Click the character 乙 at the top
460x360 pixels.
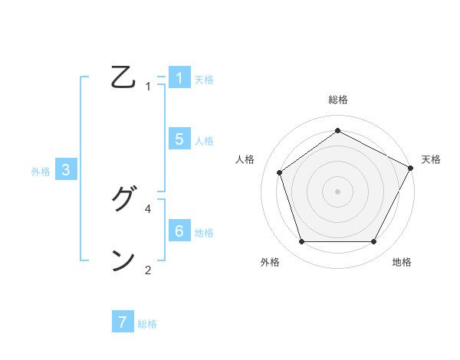(123, 78)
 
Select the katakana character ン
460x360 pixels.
(123, 260)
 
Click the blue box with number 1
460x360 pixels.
(179, 78)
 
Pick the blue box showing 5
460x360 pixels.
(179, 139)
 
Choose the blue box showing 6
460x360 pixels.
(179, 231)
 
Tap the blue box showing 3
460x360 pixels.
(66, 171)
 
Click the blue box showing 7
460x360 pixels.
(123, 322)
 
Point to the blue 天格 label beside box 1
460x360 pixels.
(204, 80)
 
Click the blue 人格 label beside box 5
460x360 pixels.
(204, 141)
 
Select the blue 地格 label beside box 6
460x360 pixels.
(204, 233)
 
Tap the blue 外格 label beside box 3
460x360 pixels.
(41, 172)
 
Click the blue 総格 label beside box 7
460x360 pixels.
(147, 324)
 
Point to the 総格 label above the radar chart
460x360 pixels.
(337, 100)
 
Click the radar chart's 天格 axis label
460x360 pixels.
(431, 159)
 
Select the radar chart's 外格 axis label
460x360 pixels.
(270, 262)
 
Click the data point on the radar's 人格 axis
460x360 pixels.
(280, 172)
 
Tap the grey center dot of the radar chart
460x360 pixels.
(337, 191)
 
